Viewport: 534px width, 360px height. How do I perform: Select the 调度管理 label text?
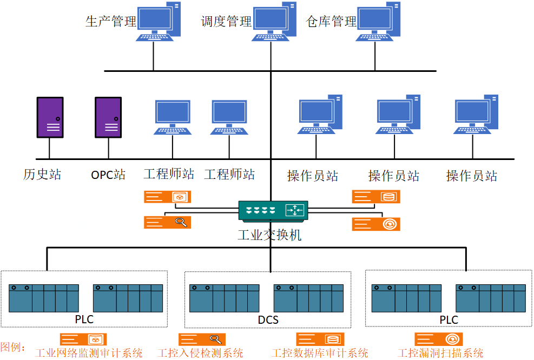(x=226, y=22)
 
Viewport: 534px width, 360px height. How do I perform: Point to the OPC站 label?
(x=108, y=175)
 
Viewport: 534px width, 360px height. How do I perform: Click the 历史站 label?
(x=42, y=175)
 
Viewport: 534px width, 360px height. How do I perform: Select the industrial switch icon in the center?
(x=273, y=210)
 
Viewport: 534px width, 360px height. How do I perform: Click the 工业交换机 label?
(x=269, y=235)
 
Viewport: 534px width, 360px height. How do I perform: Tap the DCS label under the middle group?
(x=268, y=320)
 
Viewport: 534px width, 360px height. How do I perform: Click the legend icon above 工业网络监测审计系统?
(x=83, y=339)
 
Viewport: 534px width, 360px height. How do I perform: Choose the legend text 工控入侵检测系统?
(x=200, y=353)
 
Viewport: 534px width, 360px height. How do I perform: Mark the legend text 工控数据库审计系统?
(x=320, y=353)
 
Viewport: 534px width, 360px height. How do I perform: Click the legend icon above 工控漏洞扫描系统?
(x=438, y=339)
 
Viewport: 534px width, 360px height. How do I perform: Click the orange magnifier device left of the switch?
(x=167, y=222)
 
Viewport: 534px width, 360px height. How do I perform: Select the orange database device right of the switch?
(x=376, y=197)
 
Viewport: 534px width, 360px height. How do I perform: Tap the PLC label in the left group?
(x=84, y=319)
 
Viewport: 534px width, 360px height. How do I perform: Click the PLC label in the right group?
(x=449, y=319)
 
